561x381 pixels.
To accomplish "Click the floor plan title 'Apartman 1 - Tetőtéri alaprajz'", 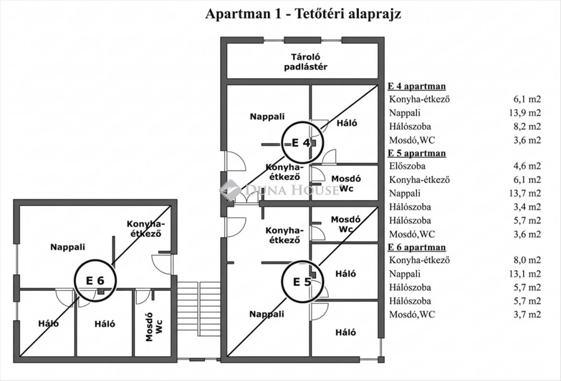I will click(x=303, y=14).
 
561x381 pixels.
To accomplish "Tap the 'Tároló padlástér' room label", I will click(x=302, y=62).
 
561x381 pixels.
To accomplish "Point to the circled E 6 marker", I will click(x=95, y=280).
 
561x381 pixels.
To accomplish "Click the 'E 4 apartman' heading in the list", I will click(x=417, y=86).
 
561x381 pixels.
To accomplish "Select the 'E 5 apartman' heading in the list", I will click(x=417, y=153).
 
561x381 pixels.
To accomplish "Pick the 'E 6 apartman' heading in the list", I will click(x=417, y=247).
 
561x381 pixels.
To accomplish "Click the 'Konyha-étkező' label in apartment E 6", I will click(x=144, y=229).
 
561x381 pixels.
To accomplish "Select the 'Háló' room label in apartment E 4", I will click(x=347, y=123).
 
